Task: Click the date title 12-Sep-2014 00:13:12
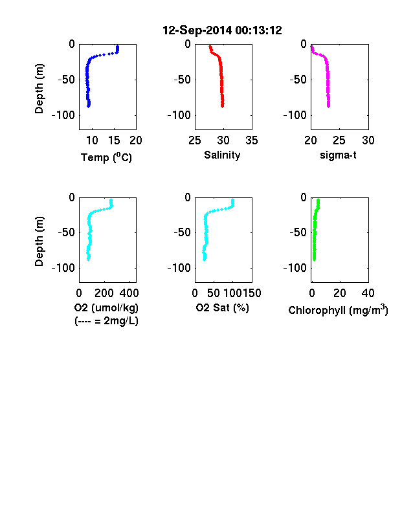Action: (x=222, y=30)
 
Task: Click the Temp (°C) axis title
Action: (x=106, y=157)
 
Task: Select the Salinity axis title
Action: (x=222, y=155)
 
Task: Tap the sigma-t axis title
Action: (x=338, y=155)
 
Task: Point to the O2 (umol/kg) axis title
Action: (x=106, y=307)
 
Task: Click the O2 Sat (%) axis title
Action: (x=223, y=307)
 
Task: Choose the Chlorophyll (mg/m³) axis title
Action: (x=338, y=309)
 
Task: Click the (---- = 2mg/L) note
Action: (x=106, y=321)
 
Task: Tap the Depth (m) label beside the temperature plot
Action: (x=39, y=89)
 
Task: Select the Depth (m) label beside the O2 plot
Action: (x=39, y=241)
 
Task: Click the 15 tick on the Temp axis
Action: (x=114, y=140)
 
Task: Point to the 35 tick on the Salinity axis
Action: (x=252, y=140)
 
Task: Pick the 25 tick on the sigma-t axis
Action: (x=339, y=140)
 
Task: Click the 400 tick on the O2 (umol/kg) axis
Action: (x=129, y=293)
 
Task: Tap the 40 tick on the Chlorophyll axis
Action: (x=368, y=293)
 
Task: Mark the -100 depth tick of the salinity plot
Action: (x=179, y=115)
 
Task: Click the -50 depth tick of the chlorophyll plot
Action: (x=298, y=232)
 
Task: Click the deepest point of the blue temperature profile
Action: (x=88, y=106)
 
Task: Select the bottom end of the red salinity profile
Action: (x=223, y=106)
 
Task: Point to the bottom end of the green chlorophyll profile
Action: (x=314, y=260)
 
